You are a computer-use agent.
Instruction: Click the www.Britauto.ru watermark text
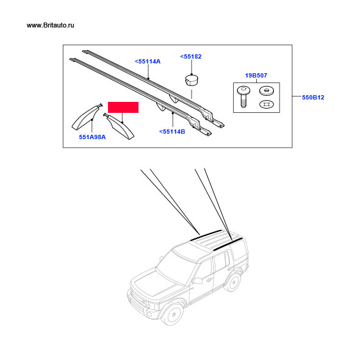(50, 25)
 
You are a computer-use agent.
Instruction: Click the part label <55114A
(148, 62)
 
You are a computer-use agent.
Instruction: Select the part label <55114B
(172, 132)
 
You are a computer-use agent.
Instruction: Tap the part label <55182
(190, 57)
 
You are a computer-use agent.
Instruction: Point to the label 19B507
(256, 75)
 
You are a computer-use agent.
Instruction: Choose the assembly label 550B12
(313, 98)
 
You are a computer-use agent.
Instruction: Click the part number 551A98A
(92, 137)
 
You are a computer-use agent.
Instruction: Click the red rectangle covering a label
(123, 107)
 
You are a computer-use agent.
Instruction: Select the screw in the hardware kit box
(243, 96)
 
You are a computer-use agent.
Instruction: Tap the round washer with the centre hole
(266, 91)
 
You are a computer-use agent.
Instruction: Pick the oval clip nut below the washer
(266, 104)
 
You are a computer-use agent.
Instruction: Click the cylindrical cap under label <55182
(192, 80)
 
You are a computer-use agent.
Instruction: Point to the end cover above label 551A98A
(85, 117)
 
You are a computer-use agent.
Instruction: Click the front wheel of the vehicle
(172, 314)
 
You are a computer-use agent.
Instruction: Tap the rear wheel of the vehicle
(233, 282)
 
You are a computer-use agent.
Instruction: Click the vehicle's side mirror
(198, 280)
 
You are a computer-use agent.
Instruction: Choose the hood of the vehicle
(156, 282)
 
